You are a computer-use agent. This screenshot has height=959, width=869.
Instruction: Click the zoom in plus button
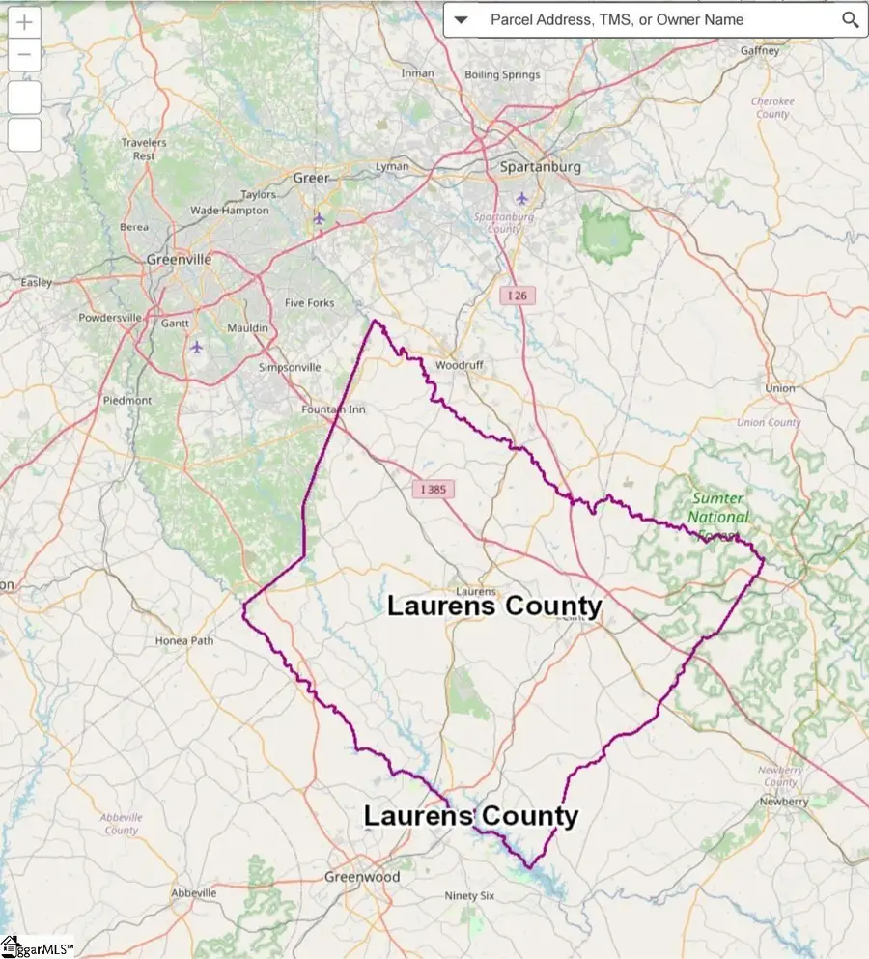[x=24, y=22]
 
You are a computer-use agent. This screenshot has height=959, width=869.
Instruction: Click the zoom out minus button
[x=24, y=55]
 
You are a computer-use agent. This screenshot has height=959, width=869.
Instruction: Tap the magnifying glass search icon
[x=850, y=19]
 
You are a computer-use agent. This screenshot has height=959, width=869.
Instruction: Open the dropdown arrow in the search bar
[x=461, y=19]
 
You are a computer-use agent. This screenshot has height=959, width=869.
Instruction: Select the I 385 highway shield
[x=434, y=490]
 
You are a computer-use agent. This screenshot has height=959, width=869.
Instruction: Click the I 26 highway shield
[x=519, y=296]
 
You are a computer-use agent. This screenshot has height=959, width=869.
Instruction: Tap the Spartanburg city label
[x=540, y=167]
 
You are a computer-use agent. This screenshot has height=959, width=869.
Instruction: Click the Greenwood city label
[x=361, y=877]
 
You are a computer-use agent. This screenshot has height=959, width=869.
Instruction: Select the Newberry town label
[x=783, y=802]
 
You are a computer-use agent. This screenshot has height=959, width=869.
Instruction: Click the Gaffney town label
[x=759, y=50]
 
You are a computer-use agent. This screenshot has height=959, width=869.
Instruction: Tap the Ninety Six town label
[x=469, y=896]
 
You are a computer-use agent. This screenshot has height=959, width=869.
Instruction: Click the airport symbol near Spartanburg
[x=522, y=198]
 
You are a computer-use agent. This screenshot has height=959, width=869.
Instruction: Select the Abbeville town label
[x=194, y=893]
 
